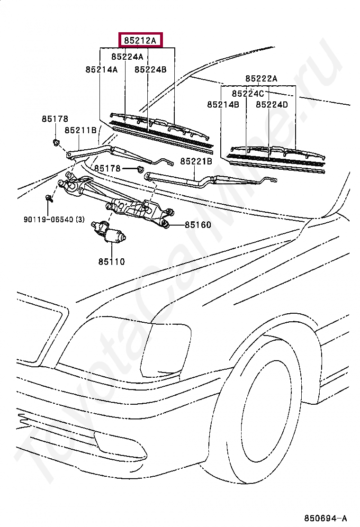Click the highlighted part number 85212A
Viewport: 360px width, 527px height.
tap(140, 40)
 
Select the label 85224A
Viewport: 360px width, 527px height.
tap(127, 56)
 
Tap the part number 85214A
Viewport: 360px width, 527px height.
tap(101, 69)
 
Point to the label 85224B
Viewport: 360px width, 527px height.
tap(151, 69)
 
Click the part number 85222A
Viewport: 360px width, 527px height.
tap(261, 78)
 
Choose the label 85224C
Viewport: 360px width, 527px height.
tap(248, 93)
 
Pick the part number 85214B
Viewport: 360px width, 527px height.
tap(223, 105)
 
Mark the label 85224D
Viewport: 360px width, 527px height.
tap(272, 105)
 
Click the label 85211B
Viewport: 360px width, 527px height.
tap(81, 130)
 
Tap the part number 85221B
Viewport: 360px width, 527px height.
tap(196, 161)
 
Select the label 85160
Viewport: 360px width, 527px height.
tap(198, 225)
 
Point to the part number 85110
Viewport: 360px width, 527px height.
tap(111, 262)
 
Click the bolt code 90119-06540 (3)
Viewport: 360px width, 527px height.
tap(54, 219)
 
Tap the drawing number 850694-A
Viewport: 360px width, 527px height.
tap(325, 518)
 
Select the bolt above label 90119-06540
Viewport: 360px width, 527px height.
tap(49, 198)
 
